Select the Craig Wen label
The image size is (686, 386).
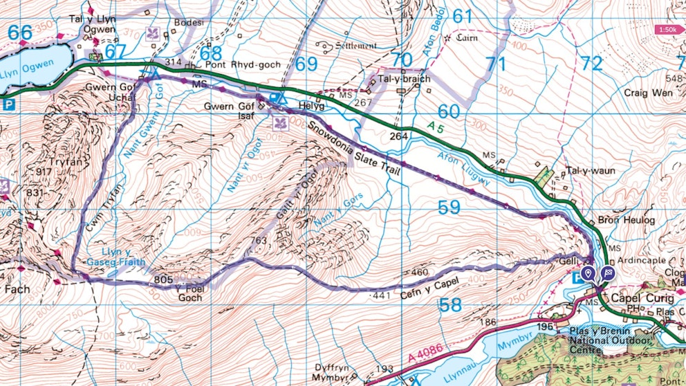[647, 92]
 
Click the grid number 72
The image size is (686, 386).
[591, 64]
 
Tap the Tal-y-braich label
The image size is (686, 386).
[405, 79]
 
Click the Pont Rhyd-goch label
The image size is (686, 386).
[242, 64]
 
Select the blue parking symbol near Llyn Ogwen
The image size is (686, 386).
[9, 105]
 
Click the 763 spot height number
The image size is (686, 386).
[258, 241]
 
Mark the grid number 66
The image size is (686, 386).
[20, 33]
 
